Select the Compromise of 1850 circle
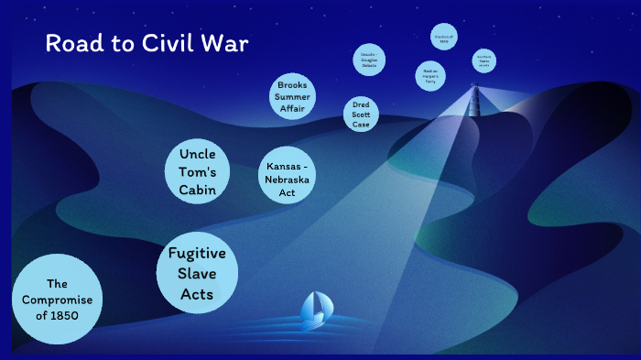[57, 300]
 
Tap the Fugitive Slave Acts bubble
[197, 273]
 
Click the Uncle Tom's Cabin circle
[197, 171]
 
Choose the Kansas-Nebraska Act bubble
[287, 180]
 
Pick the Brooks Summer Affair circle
[292, 96]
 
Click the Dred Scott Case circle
[361, 115]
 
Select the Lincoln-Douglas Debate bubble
[367, 61]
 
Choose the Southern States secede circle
[483, 60]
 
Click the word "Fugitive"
[197, 254]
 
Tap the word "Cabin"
[197, 190]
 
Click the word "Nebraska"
[287, 180]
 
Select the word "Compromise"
[57, 300]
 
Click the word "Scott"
[361, 115]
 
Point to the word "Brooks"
[292, 84]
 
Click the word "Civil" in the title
[171, 44]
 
